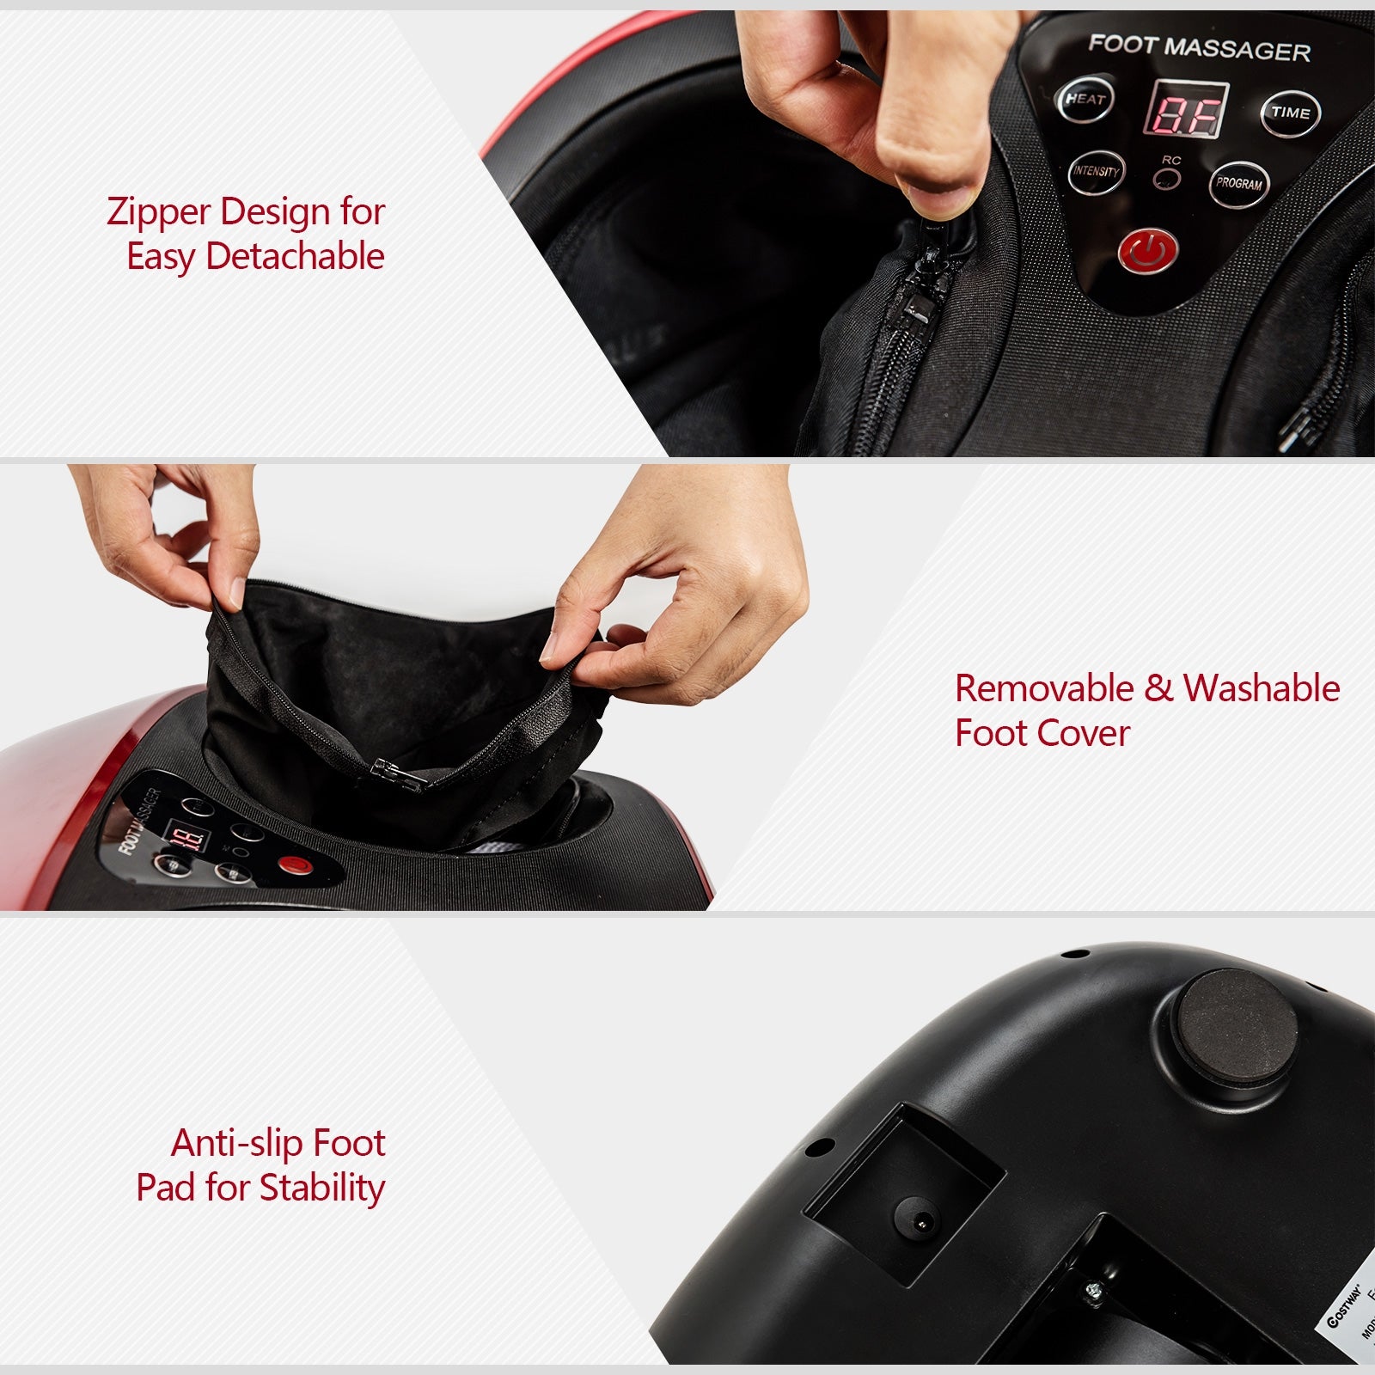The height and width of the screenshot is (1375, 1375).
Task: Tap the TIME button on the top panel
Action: click(x=1290, y=113)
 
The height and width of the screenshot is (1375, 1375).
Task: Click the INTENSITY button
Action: click(x=1096, y=172)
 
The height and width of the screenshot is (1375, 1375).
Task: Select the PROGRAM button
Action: click(x=1238, y=183)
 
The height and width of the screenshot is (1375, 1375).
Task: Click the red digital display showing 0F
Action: click(x=1185, y=110)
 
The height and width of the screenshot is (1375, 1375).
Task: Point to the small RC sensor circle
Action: click(x=1167, y=179)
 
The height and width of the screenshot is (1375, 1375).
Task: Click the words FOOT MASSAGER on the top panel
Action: click(x=1199, y=47)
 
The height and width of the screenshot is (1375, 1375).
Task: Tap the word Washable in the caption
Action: click(x=1261, y=688)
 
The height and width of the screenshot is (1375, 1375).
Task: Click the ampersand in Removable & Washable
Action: click(x=1158, y=688)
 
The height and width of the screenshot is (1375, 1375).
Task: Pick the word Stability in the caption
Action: click(x=321, y=1188)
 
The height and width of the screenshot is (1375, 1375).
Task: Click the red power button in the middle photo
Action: click(x=293, y=865)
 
